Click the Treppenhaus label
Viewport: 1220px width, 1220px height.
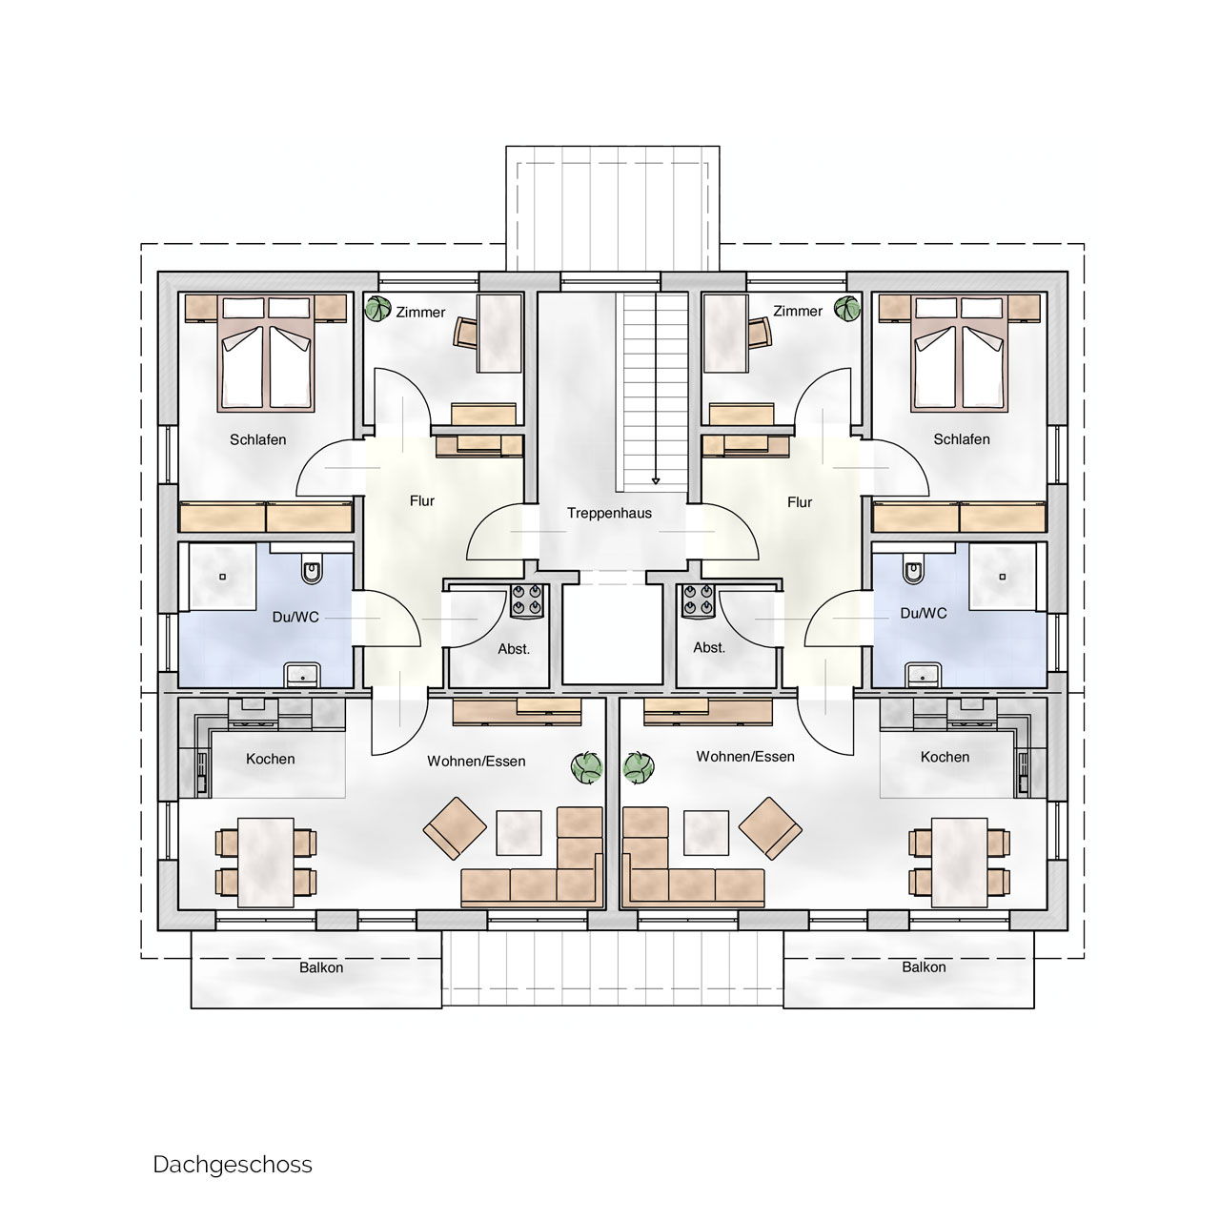(x=609, y=513)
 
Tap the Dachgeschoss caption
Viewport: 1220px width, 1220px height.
(x=233, y=1165)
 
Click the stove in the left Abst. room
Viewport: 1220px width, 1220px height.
(x=527, y=600)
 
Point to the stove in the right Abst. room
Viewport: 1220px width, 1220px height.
(x=698, y=600)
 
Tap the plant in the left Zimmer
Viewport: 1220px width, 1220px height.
(x=378, y=309)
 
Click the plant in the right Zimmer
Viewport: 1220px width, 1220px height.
(x=847, y=309)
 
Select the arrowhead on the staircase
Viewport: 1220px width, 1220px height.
(x=655, y=481)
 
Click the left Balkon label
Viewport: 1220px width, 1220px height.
(x=321, y=967)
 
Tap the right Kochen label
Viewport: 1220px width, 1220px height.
(x=945, y=757)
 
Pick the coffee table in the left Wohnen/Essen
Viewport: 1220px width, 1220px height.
(x=518, y=833)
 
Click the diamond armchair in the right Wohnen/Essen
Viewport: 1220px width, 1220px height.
(x=770, y=828)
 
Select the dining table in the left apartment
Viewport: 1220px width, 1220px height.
(x=266, y=863)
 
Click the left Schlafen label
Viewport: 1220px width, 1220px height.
(x=257, y=439)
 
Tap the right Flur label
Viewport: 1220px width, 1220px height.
(x=800, y=502)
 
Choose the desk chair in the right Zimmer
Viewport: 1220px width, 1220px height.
(x=760, y=332)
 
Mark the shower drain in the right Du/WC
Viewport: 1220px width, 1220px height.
(x=1002, y=577)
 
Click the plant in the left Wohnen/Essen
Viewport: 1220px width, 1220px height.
(x=587, y=767)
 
